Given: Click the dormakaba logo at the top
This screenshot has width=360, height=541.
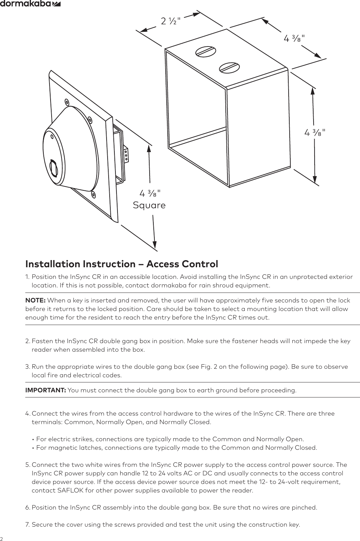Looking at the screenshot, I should coord(31,4).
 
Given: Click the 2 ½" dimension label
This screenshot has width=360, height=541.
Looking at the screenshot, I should coord(170,21).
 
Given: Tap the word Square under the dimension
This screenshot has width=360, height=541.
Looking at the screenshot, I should coord(149,205).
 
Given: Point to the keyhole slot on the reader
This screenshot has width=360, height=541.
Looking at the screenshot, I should coord(54,168).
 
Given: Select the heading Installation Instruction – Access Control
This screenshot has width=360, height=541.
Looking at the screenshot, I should coord(122,264).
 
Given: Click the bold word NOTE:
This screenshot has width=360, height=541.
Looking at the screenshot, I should coord(36,300).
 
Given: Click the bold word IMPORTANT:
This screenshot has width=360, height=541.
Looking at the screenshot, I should coord(46,390).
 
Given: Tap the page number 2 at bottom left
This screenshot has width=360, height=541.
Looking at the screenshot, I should coord(2,538).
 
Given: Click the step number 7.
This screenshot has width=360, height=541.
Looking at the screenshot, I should coord(27,524).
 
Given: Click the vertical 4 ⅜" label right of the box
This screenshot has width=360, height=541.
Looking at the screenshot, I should coord(315,132).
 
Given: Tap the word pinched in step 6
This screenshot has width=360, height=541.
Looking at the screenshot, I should coord(305,507).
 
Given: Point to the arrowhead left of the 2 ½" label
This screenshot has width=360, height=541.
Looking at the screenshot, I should coord(143,30).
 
